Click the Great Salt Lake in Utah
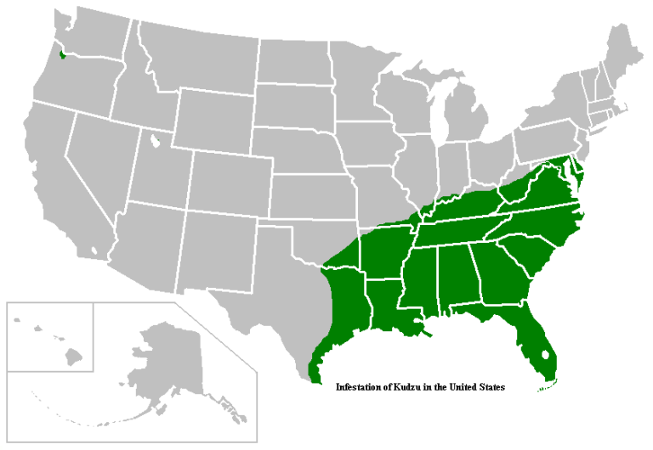point(155,140)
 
